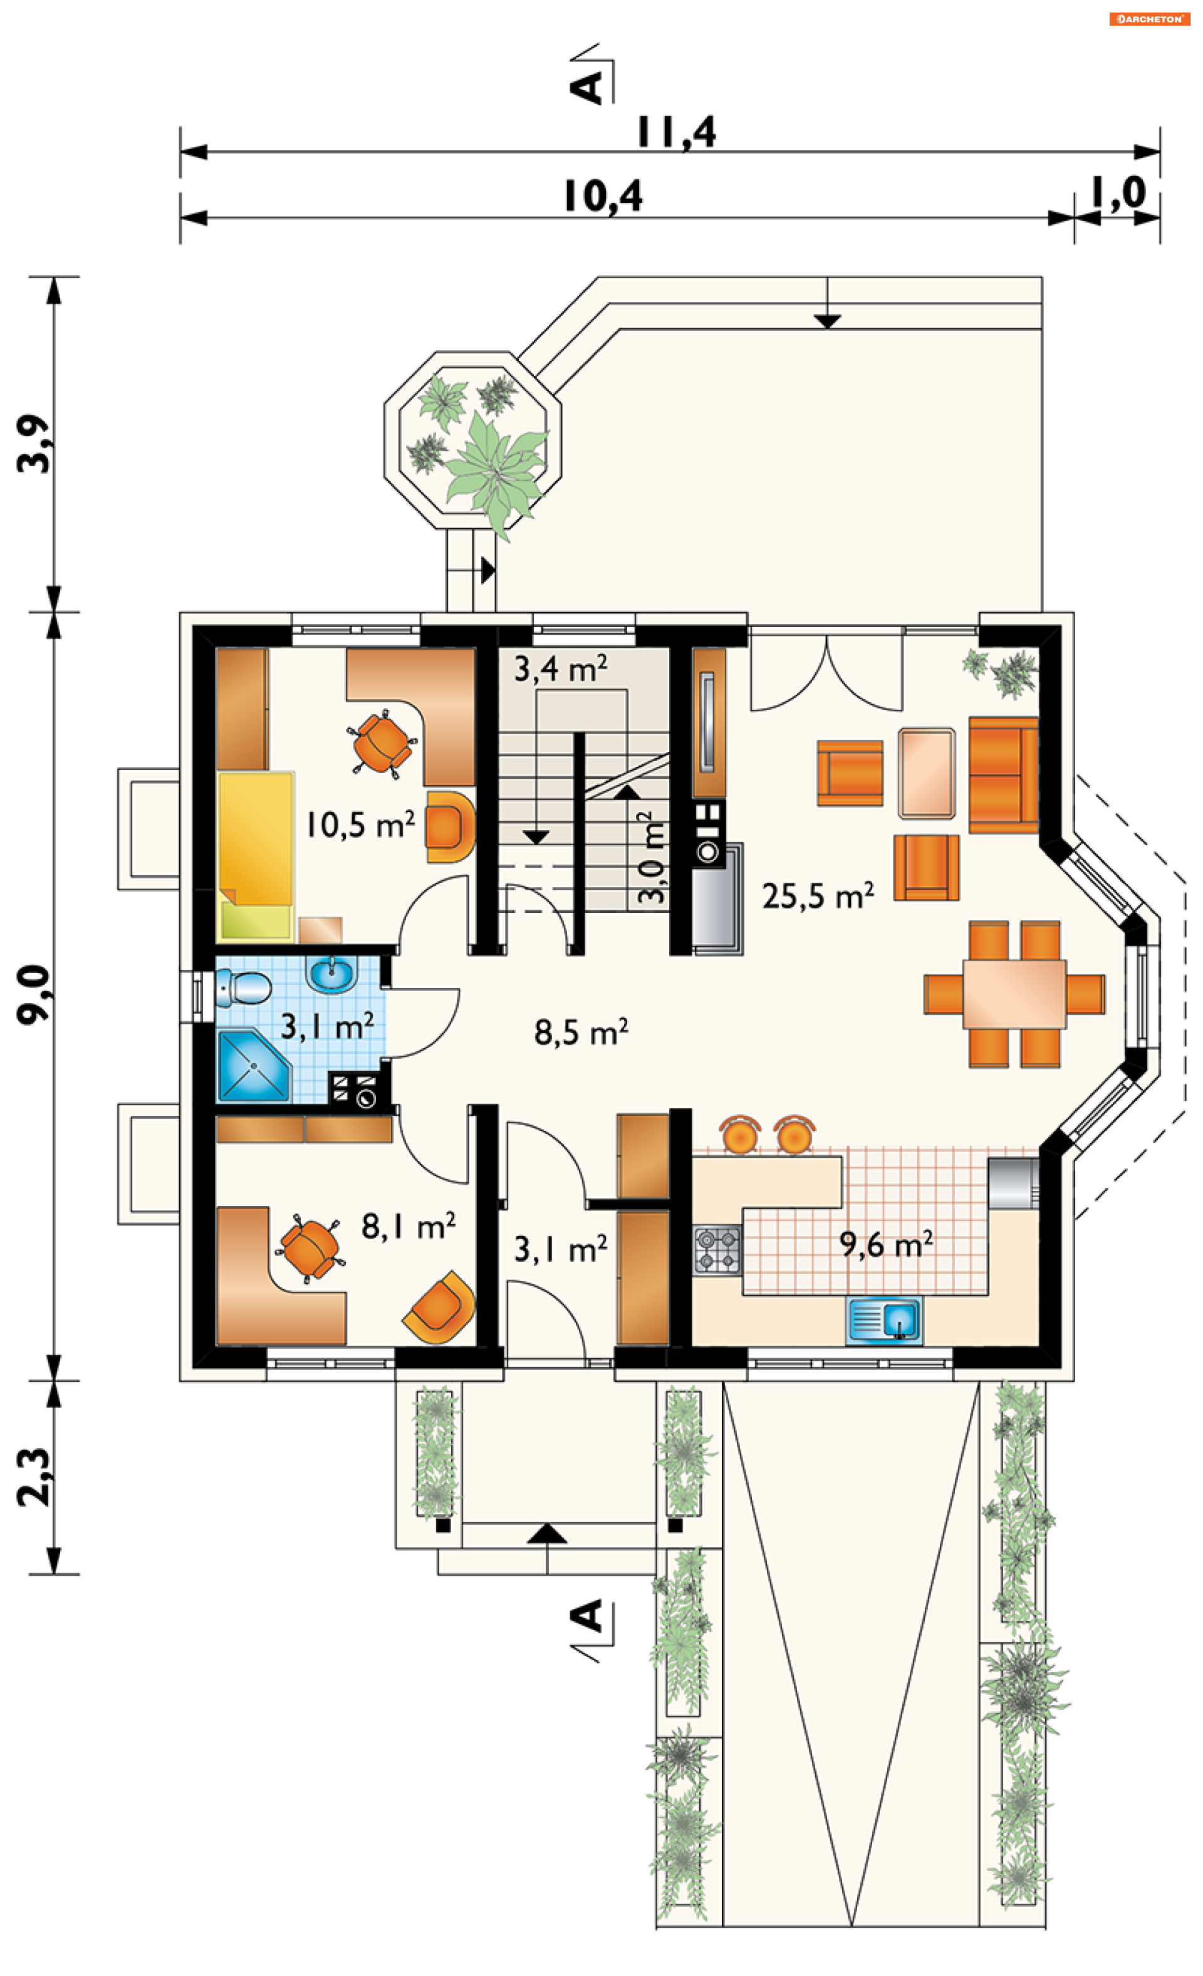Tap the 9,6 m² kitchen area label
[x=886, y=1244]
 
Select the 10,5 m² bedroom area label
[x=360, y=824]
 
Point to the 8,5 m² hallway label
[x=581, y=1032]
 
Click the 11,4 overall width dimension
[x=676, y=133]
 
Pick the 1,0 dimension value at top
[x=1117, y=193]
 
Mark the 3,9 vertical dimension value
[x=34, y=444]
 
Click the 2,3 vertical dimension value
[x=34, y=1477]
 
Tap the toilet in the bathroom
[x=243, y=987]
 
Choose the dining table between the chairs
[x=1014, y=994]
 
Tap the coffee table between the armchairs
[x=926, y=773]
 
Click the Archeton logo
[x=1149, y=18]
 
